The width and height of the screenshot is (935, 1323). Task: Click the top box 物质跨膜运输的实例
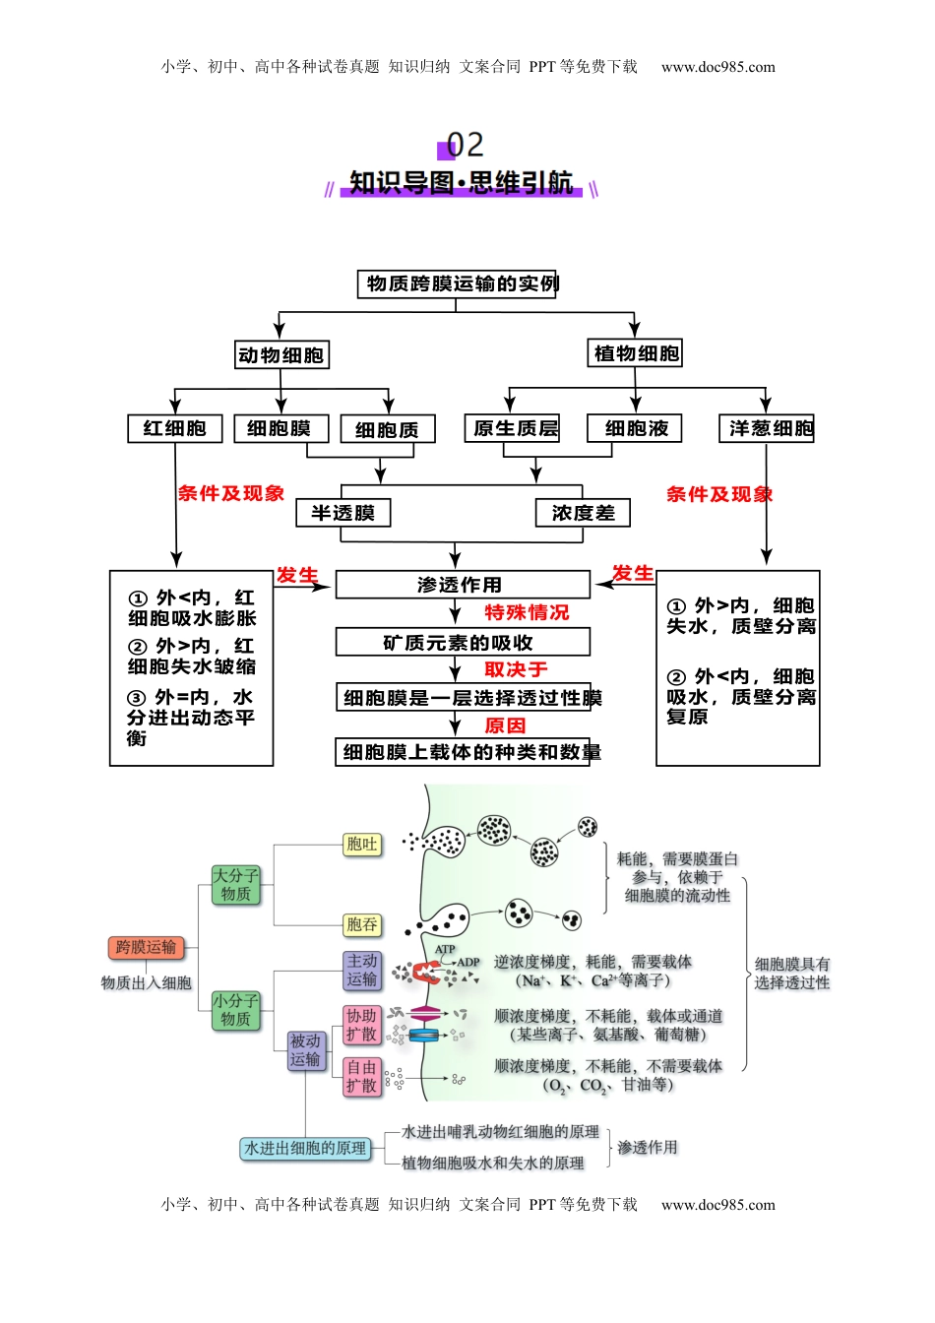(458, 283)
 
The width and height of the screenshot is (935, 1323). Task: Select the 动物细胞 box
(281, 355)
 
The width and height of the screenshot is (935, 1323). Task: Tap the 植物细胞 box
(637, 353)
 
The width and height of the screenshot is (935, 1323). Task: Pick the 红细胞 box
(175, 428)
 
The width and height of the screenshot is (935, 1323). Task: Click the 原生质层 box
(512, 428)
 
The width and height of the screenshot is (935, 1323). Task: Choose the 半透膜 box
(343, 513)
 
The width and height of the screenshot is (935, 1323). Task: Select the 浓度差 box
(583, 513)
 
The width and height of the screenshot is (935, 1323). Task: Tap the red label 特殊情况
(527, 612)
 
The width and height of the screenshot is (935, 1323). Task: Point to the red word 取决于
(516, 669)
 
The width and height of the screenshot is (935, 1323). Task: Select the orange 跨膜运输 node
(146, 947)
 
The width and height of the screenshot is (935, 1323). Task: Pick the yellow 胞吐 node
(361, 844)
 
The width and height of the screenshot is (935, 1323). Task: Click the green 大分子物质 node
(236, 884)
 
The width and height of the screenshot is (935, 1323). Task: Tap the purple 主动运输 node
(361, 970)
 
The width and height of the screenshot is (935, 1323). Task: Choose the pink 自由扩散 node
(361, 1076)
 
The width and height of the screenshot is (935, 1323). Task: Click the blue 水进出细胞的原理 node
(305, 1148)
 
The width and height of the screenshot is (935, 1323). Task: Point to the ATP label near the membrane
(445, 950)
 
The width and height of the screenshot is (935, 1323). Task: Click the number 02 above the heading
(465, 145)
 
